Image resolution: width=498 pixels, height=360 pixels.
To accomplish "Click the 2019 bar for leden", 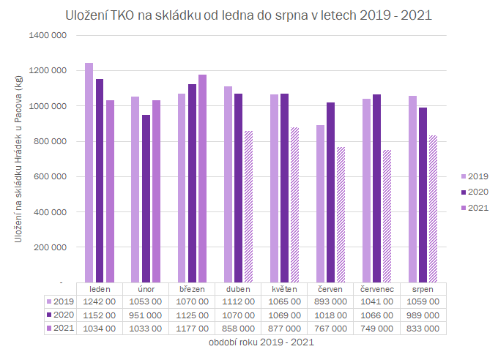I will tap(89, 172).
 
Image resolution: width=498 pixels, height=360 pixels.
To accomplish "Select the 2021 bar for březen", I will tap(202, 178).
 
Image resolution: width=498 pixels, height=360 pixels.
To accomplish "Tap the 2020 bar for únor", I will tap(145, 198).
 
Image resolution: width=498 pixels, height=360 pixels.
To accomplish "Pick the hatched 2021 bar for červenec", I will tap(386, 216).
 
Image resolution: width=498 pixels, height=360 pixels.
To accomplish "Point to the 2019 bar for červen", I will tap(319, 203).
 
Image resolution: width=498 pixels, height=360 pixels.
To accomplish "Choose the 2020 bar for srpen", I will tap(423, 195).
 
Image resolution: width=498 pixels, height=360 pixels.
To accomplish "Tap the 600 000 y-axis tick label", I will tap(51, 176).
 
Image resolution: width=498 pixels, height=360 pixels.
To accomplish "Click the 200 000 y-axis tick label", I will tap(51, 247).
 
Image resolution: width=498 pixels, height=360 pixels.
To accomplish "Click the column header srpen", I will tap(423, 288).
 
